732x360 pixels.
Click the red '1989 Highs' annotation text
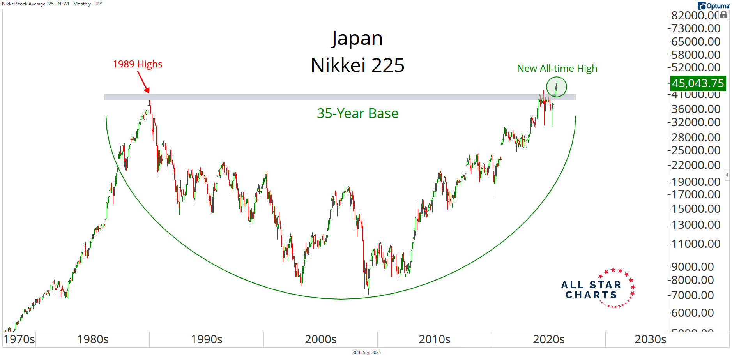coord(137,64)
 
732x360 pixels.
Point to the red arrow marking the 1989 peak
coord(143,82)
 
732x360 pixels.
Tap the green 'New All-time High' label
coord(557,69)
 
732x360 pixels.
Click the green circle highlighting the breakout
coord(556,87)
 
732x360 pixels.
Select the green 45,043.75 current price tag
coord(697,83)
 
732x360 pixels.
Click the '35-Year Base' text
coord(357,113)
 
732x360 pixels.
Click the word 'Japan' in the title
coord(357,39)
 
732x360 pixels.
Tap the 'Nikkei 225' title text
coord(357,65)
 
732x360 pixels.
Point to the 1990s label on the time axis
coord(207,339)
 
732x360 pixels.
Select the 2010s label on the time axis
coord(434,339)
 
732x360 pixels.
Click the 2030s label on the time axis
coord(650,339)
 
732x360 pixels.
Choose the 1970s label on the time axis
coord(19,339)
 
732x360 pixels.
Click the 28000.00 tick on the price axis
coord(695,137)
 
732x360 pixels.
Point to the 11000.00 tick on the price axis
coord(695,244)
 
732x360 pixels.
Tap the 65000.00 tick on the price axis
coord(695,42)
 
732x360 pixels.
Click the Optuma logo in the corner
coord(713,6)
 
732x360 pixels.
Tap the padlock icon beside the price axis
coord(723,15)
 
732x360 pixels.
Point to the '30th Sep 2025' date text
coord(366,353)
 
